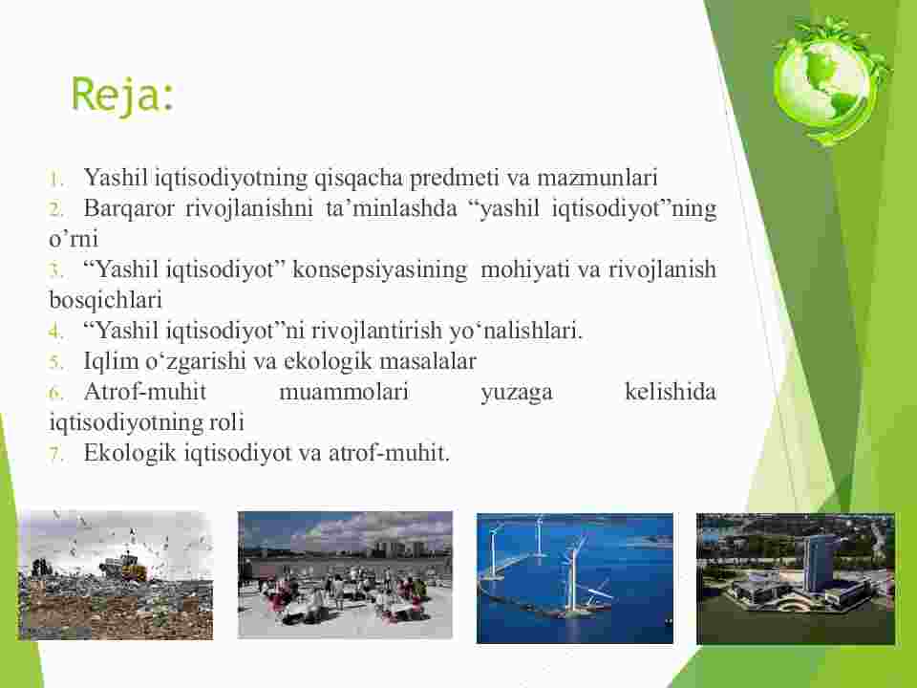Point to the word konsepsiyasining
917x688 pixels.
[x=379, y=269]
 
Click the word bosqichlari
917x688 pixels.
[x=105, y=300]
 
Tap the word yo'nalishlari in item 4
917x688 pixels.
[x=516, y=331]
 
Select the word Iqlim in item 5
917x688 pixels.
[x=111, y=361]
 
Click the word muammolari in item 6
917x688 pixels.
[x=344, y=392]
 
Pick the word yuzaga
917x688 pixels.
[x=517, y=393]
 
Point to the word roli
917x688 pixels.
[x=226, y=421]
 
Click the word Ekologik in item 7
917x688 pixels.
[x=130, y=453]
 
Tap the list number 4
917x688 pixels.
[x=55, y=332]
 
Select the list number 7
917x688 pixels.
[x=55, y=454]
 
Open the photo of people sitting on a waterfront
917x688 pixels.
[x=345, y=574]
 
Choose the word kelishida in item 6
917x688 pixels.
[x=671, y=392]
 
